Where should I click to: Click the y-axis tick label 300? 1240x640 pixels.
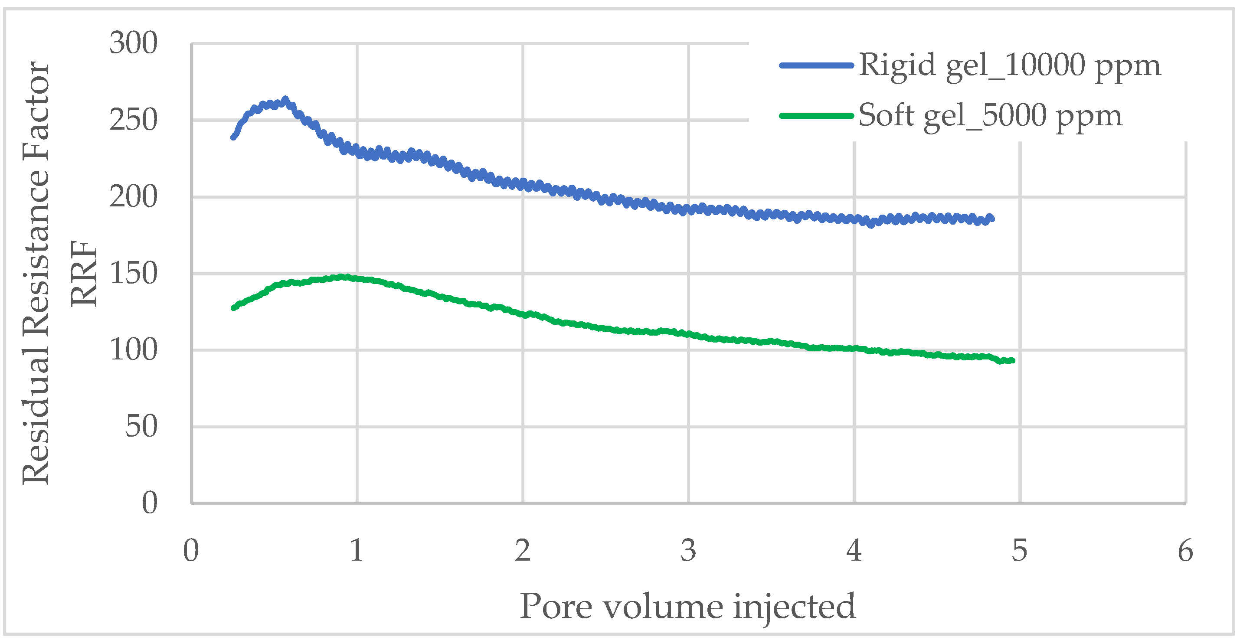[x=133, y=43]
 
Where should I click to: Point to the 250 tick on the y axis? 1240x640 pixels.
[x=133, y=120]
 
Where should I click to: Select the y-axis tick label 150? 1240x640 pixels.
[x=133, y=273]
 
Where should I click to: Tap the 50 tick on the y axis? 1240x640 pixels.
[x=141, y=426]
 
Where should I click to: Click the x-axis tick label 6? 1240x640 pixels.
[x=1185, y=551]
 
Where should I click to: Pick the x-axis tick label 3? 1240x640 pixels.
[x=688, y=551]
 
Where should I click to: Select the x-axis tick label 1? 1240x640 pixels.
[x=357, y=551]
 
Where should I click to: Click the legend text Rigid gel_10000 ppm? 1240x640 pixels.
[x=1009, y=65]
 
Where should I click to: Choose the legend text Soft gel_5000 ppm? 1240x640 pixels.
[x=990, y=115]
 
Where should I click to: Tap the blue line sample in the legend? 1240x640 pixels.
[x=816, y=65]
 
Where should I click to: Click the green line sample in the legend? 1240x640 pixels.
[x=816, y=115]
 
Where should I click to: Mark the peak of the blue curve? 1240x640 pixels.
[x=285, y=100]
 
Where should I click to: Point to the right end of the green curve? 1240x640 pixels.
[x=1013, y=360]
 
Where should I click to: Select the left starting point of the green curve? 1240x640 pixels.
[x=233, y=307]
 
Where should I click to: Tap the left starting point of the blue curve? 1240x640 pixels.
[x=233, y=137]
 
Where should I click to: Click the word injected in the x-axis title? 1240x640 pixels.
[x=794, y=606]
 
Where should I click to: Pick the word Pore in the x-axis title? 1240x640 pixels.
[x=556, y=606]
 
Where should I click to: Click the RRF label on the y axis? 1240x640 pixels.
[x=84, y=273]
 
